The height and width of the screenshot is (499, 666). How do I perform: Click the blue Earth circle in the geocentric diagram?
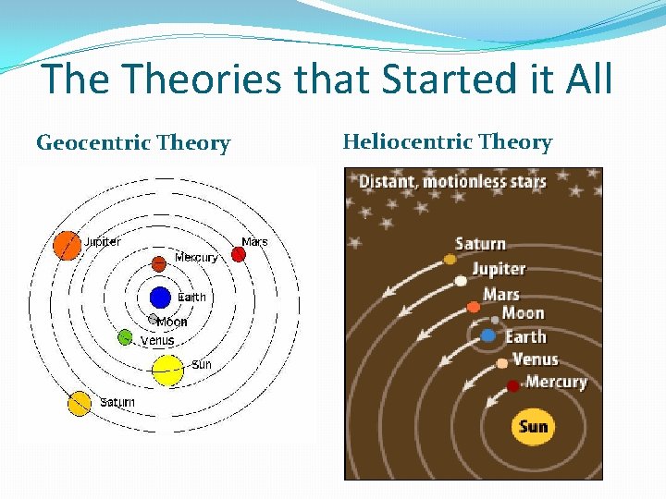[x=160, y=298]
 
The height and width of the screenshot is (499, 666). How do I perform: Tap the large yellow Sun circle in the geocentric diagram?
[x=167, y=370]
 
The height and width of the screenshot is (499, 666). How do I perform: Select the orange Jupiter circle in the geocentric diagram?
[x=68, y=245]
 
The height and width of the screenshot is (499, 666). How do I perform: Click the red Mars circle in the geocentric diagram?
[x=238, y=254]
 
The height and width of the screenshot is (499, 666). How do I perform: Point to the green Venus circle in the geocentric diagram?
[x=125, y=337]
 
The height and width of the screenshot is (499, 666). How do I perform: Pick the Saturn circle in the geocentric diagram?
[x=80, y=404]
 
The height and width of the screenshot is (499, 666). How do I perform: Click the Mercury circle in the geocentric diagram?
[x=159, y=263]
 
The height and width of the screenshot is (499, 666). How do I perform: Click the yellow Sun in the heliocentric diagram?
[x=533, y=427]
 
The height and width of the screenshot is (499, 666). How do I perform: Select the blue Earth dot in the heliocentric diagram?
[x=487, y=335]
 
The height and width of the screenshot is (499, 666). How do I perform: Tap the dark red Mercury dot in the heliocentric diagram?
[x=513, y=385]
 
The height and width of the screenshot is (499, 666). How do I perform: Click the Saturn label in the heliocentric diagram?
[x=480, y=244]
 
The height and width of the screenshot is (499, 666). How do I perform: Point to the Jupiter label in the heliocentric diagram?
[x=499, y=269]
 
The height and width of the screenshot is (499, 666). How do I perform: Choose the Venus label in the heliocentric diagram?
[x=535, y=359]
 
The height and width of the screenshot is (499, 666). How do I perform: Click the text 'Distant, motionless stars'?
[x=452, y=181]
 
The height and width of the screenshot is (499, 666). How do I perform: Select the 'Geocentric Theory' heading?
[x=133, y=143]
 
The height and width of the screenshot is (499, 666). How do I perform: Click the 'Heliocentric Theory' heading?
[x=447, y=142]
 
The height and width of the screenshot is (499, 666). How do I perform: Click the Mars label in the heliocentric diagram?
[x=501, y=295]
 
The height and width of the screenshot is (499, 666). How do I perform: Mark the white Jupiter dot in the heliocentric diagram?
[x=461, y=281]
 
